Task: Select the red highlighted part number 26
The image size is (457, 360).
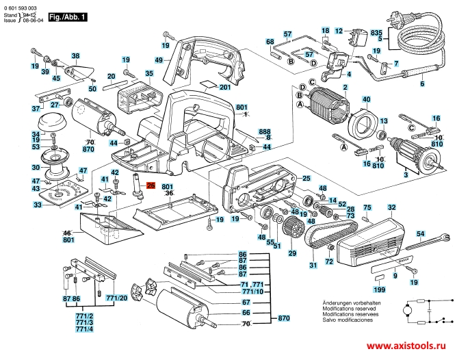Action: click(151, 185)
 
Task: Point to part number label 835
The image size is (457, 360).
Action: click(395, 32)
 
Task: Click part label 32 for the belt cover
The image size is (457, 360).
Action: click(391, 207)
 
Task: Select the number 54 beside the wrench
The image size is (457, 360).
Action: click(421, 234)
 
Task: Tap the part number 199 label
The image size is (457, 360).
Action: click(380, 290)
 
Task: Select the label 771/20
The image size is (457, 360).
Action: click(117, 298)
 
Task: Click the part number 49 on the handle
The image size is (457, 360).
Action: click(158, 60)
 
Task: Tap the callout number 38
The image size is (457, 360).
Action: click(75, 55)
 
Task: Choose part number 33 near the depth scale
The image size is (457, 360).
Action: click(38, 205)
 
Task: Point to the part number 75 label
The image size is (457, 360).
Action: click(367, 207)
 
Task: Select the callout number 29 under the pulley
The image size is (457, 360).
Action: click(292, 254)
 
